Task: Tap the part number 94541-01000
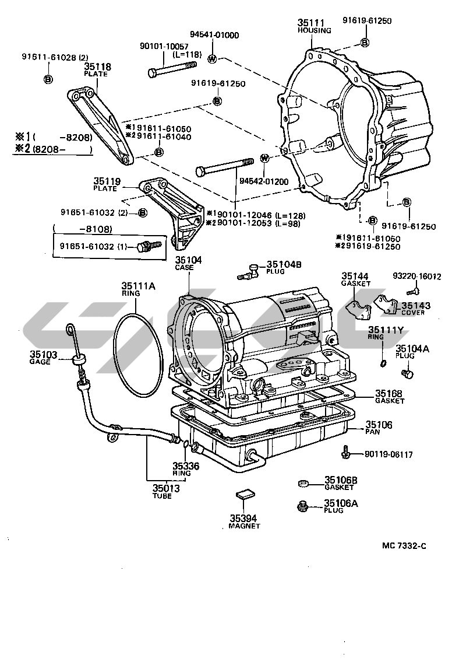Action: coord(214,35)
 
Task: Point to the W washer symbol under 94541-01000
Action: coord(213,58)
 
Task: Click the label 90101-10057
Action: coord(164,46)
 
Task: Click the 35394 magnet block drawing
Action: coord(245,495)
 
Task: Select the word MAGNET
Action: coord(244,526)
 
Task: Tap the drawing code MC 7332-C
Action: coord(404,546)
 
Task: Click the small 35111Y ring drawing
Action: coord(382,365)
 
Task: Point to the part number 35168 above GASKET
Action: coord(389,393)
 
